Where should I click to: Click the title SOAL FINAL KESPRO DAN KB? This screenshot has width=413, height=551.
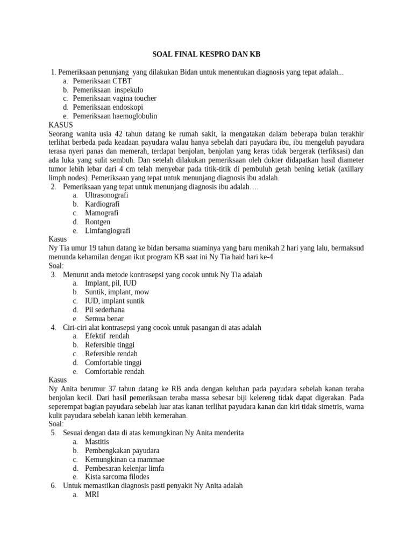(206, 54)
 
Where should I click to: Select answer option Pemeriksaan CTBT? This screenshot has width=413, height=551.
(102, 81)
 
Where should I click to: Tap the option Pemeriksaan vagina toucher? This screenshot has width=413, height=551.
(115, 98)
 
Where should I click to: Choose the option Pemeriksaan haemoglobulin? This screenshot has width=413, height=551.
(115, 116)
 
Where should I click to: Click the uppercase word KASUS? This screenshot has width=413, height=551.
(61, 125)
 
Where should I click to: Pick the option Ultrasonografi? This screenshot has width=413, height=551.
(106, 195)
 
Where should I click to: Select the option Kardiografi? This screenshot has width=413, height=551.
(102, 204)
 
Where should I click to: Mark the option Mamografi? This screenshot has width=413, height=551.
(102, 213)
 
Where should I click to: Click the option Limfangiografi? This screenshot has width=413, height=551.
(108, 231)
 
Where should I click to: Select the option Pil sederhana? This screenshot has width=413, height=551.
(105, 310)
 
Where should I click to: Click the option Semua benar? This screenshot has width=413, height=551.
(104, 319)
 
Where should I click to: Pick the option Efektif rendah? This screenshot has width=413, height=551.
(107, 336)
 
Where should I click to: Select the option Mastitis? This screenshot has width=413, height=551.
(97, 442)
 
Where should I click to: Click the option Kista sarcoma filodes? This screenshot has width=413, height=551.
(117, 477)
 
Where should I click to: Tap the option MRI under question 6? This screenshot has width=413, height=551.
(92, 495)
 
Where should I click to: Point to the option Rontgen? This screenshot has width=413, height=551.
(97, 222)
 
